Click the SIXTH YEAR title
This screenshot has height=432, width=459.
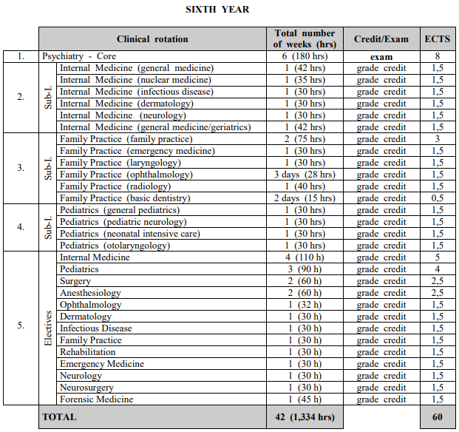click(217, 10)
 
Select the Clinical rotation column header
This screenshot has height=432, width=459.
click(152, 39)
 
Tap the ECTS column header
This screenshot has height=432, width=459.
click(437, 39)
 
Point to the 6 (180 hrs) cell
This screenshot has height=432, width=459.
click(305, 56)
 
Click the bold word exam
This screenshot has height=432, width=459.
click(381, 56)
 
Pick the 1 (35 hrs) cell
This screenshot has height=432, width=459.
click(305, 80)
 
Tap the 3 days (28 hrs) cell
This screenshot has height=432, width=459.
click(305, 175)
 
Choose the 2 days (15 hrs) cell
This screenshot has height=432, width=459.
click(305, 198)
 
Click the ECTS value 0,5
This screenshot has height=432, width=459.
click(437, 198)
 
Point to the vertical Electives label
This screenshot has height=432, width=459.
click(49, 328)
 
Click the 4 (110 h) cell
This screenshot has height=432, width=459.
click(305, 257)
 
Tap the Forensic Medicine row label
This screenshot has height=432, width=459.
click(97, 399)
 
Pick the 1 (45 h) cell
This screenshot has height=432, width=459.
click(305, 399)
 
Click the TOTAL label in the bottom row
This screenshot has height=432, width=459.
click(59, 417)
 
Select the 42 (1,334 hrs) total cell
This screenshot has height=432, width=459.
click(305, 417)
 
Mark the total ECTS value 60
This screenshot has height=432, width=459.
click(437, 417)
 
